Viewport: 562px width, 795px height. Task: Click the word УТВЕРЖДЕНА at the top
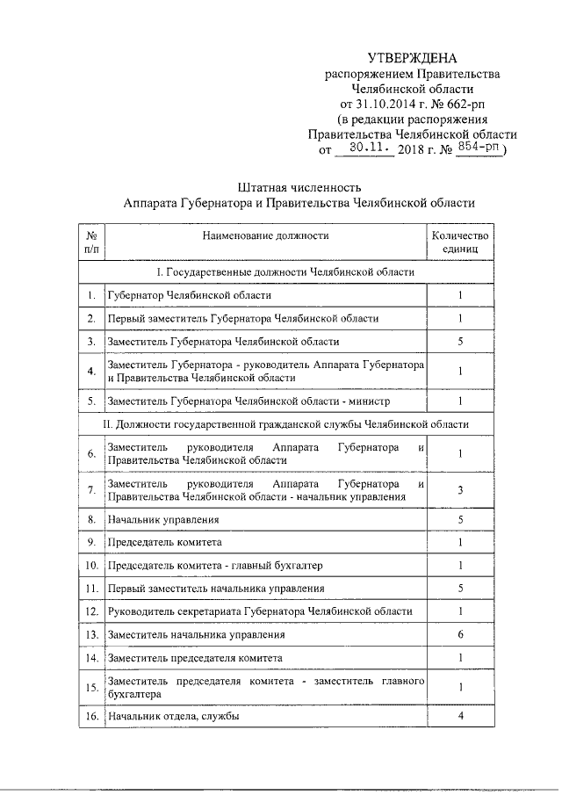[412, 58]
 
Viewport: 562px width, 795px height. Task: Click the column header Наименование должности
[265, 235]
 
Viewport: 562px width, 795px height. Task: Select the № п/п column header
[90, 242]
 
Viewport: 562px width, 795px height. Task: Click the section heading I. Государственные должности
[279, 272]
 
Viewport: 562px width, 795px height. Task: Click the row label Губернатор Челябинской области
[189, 296]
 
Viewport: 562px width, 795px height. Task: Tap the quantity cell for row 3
[460, 341]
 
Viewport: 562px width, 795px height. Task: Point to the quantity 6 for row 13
[460, 633]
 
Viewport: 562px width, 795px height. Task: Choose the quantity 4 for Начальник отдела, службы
[460, 717]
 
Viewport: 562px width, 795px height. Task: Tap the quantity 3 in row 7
[460, 490]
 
